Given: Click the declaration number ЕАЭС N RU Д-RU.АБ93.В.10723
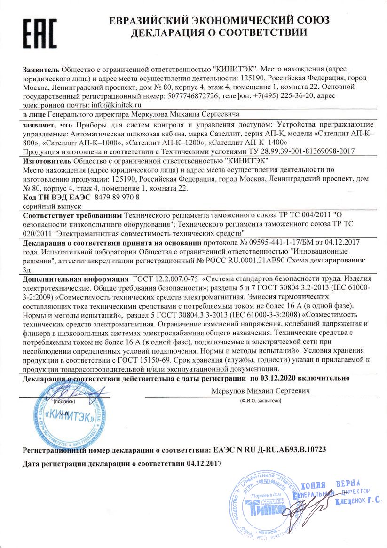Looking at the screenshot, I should point(269,450).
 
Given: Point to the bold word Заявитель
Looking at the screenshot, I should point(41,69).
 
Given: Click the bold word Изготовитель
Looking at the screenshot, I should point(46,160).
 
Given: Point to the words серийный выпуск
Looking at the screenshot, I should point(52,206).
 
